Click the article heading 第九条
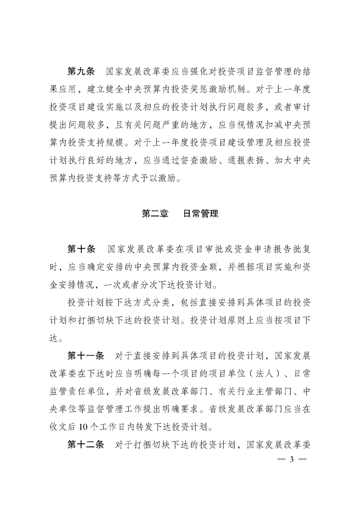click(80, 71)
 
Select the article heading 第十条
click(80, 249)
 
